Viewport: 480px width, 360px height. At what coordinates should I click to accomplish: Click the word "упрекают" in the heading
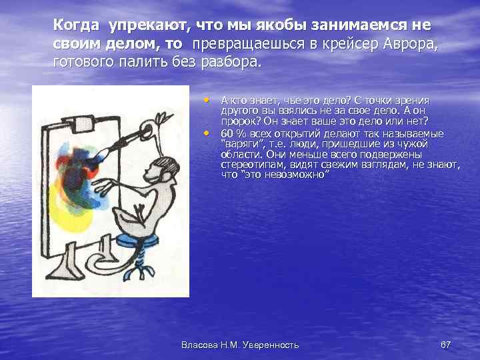(x=147, y=25)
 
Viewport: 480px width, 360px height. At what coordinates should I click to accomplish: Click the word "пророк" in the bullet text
(x=237, y=121)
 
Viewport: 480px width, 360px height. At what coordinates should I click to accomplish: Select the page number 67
(x=446, y=345)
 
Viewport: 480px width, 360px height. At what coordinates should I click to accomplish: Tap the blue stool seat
(x=143, y=237)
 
